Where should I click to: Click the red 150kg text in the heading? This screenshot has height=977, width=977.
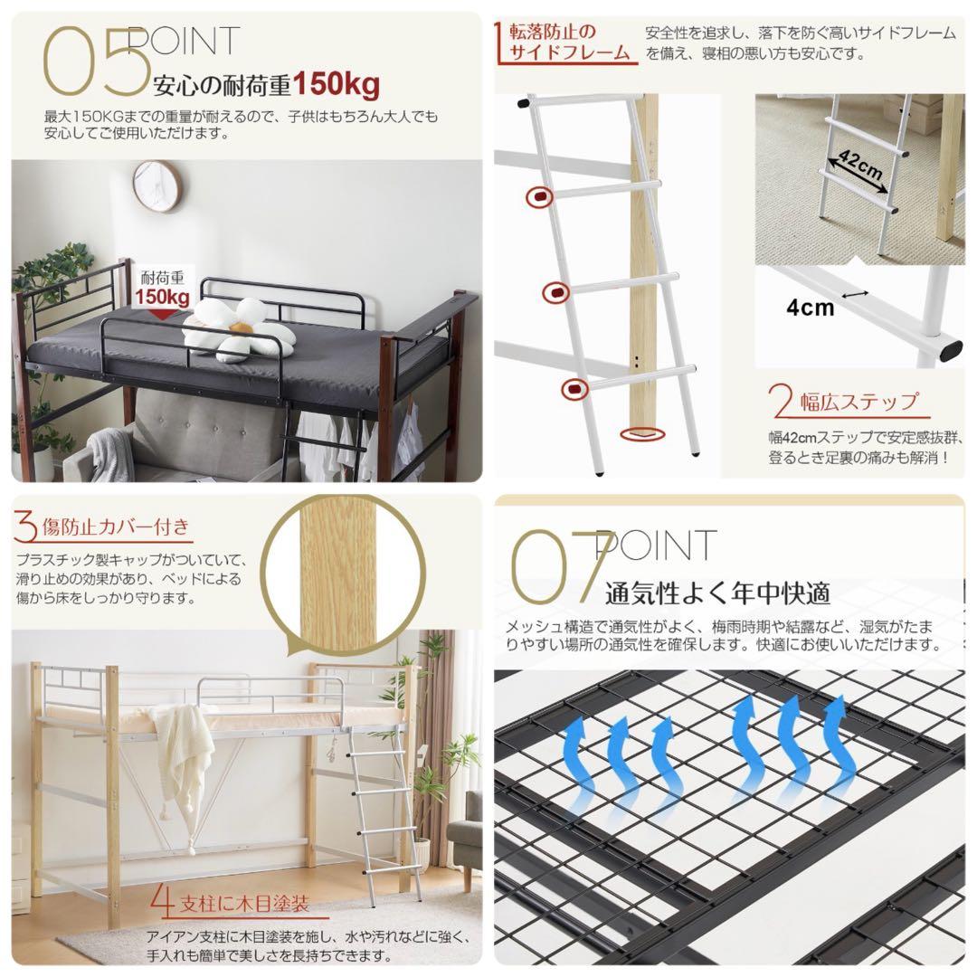336,85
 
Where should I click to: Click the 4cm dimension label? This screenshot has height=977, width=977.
810,308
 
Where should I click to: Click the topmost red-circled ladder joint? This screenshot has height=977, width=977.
537,195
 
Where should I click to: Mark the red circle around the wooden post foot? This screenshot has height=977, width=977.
640,434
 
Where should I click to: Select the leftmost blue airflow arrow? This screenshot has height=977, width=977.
585,756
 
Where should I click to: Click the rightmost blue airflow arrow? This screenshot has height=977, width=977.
835,742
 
